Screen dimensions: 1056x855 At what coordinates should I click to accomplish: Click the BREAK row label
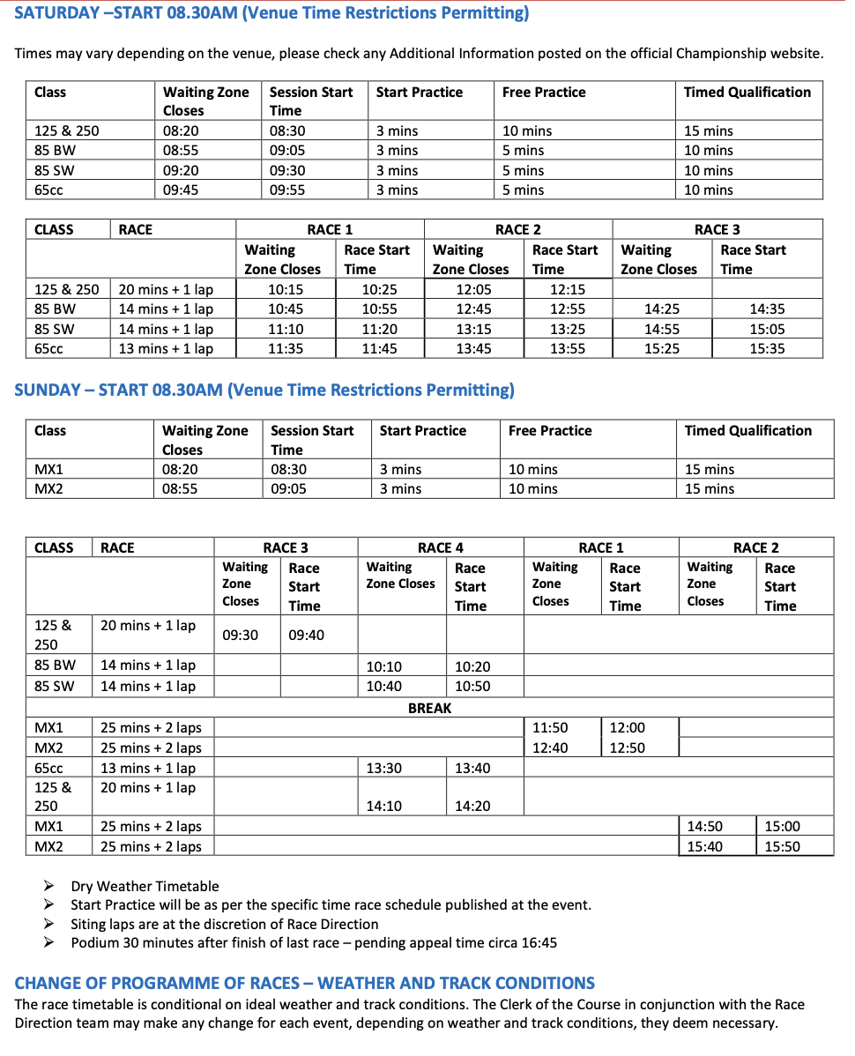[x=429, y=708]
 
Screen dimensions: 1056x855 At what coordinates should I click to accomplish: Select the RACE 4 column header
[x=440, y=547]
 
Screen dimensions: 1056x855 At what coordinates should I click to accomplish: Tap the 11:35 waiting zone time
[x=286, y=348]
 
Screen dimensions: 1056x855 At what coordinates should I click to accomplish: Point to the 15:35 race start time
[x=767, y=348]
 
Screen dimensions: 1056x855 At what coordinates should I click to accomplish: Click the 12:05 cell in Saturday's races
[x=473, y=289]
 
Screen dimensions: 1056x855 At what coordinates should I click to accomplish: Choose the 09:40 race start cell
[x=306, y=635]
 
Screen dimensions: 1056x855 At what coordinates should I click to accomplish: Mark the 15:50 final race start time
[x=782, y=846]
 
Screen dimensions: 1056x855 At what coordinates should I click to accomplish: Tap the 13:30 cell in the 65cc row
[x=383, y=768]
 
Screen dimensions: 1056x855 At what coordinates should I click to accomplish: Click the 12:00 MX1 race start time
[x=627, y=727]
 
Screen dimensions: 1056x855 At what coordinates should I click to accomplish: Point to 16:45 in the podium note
[x=539, y=942]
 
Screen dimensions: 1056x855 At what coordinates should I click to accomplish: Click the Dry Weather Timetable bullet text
[x=145, y=886]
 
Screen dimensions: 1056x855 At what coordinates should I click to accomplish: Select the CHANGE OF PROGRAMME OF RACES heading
[x=304, y=983]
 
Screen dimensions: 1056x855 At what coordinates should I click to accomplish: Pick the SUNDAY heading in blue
[x=264, y=390]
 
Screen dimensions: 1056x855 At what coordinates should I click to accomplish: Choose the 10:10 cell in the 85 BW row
[x=383, y=666]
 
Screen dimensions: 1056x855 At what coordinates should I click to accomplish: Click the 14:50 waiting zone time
[x=704, y=826]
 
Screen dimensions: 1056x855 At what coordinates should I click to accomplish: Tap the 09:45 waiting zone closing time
[x=181, y=190]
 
